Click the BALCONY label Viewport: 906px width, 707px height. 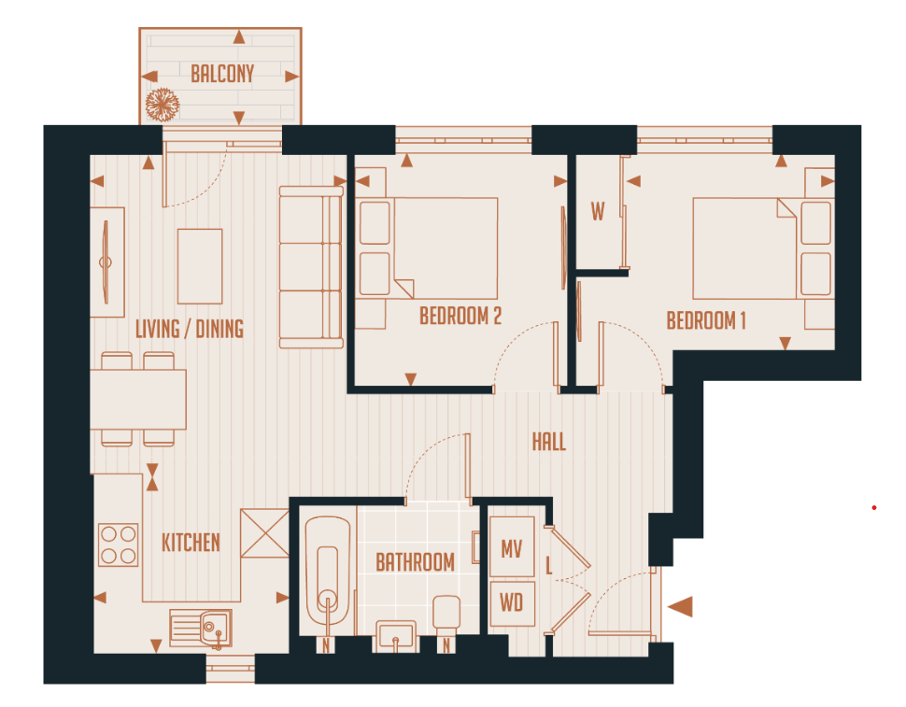(x=222, y=75)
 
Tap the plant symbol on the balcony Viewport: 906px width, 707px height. (x=163, y=104)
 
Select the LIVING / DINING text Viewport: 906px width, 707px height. (x=190, y=329)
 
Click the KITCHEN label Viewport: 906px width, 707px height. (x=191, y=543)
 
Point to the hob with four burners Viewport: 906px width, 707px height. (x=119, y=544)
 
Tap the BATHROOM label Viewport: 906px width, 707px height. (x=415, y=562)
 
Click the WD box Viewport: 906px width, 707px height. (x=512, y=603)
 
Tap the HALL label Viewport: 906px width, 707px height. (x=549, y=442)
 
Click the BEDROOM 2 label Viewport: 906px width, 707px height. (x=460, y=317)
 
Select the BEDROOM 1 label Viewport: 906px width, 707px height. (x=706, y=321)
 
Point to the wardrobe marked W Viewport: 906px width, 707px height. (x=598, y=212)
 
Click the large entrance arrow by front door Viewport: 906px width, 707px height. (x=681, y=607)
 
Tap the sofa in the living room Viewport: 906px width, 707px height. (x=311, y=267)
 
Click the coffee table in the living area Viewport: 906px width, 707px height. (x=200, y=266)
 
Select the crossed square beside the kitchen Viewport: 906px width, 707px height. (x=264, y=532)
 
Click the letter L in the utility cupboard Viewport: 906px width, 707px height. (x=549, y=565)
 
